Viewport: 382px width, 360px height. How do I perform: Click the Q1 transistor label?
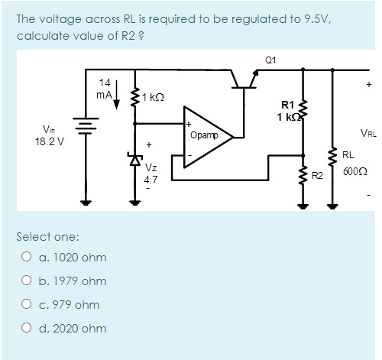(270, 60)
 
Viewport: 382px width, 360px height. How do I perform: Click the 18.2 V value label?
(50, 141)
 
